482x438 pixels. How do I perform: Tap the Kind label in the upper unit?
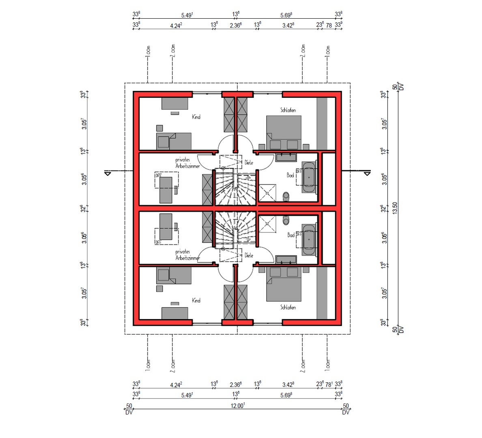click(196, 117)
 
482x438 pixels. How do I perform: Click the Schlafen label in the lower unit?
click(288, 307)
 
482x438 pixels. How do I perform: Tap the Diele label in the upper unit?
click(249, 163)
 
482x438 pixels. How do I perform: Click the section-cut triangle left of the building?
click(108, 174)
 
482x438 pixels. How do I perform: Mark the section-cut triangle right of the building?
click(367, 174)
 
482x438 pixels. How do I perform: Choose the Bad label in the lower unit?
click(290, 235)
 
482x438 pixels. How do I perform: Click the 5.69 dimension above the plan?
click(286, 15)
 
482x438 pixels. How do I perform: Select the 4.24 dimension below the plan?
click(176, 384)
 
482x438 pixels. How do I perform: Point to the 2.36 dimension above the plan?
click(235, 25)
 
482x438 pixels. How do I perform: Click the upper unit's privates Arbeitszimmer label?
click(187, 163)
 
